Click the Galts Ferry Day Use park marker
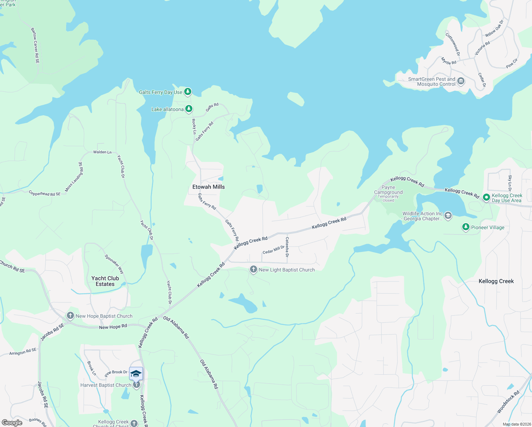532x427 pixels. point(188,92)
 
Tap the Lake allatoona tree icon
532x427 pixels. point(189,109)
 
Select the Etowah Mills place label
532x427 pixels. point(208,187)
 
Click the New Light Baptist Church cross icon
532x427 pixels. point(253,269)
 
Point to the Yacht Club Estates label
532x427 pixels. point(105,281)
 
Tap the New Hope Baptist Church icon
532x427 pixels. point(70,316)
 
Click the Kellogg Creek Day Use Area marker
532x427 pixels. point(486,197)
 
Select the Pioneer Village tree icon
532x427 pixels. point(465,227)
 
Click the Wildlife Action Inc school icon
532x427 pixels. point(448,215)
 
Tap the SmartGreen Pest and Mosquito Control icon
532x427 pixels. point(461,81)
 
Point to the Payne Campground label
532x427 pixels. point(388,190)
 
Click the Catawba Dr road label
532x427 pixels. point(287,247)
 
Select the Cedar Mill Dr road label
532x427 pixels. point(273,250)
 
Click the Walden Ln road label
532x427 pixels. point(102,152)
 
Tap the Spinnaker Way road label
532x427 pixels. point(114,264)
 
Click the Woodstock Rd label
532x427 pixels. point(508,402)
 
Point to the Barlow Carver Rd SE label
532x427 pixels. point(35,46)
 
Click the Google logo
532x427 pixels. point(12,423)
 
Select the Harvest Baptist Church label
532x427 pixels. point(106,385)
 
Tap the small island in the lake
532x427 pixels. point(296,99)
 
